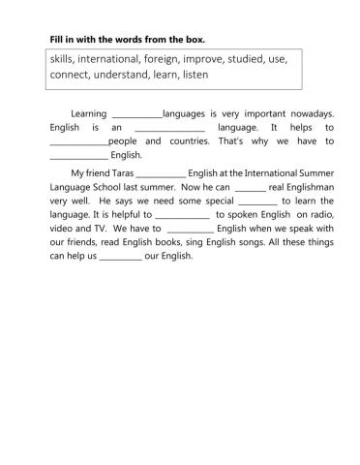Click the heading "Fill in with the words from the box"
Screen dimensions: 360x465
pyautogui.click(x=127, y=40)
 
